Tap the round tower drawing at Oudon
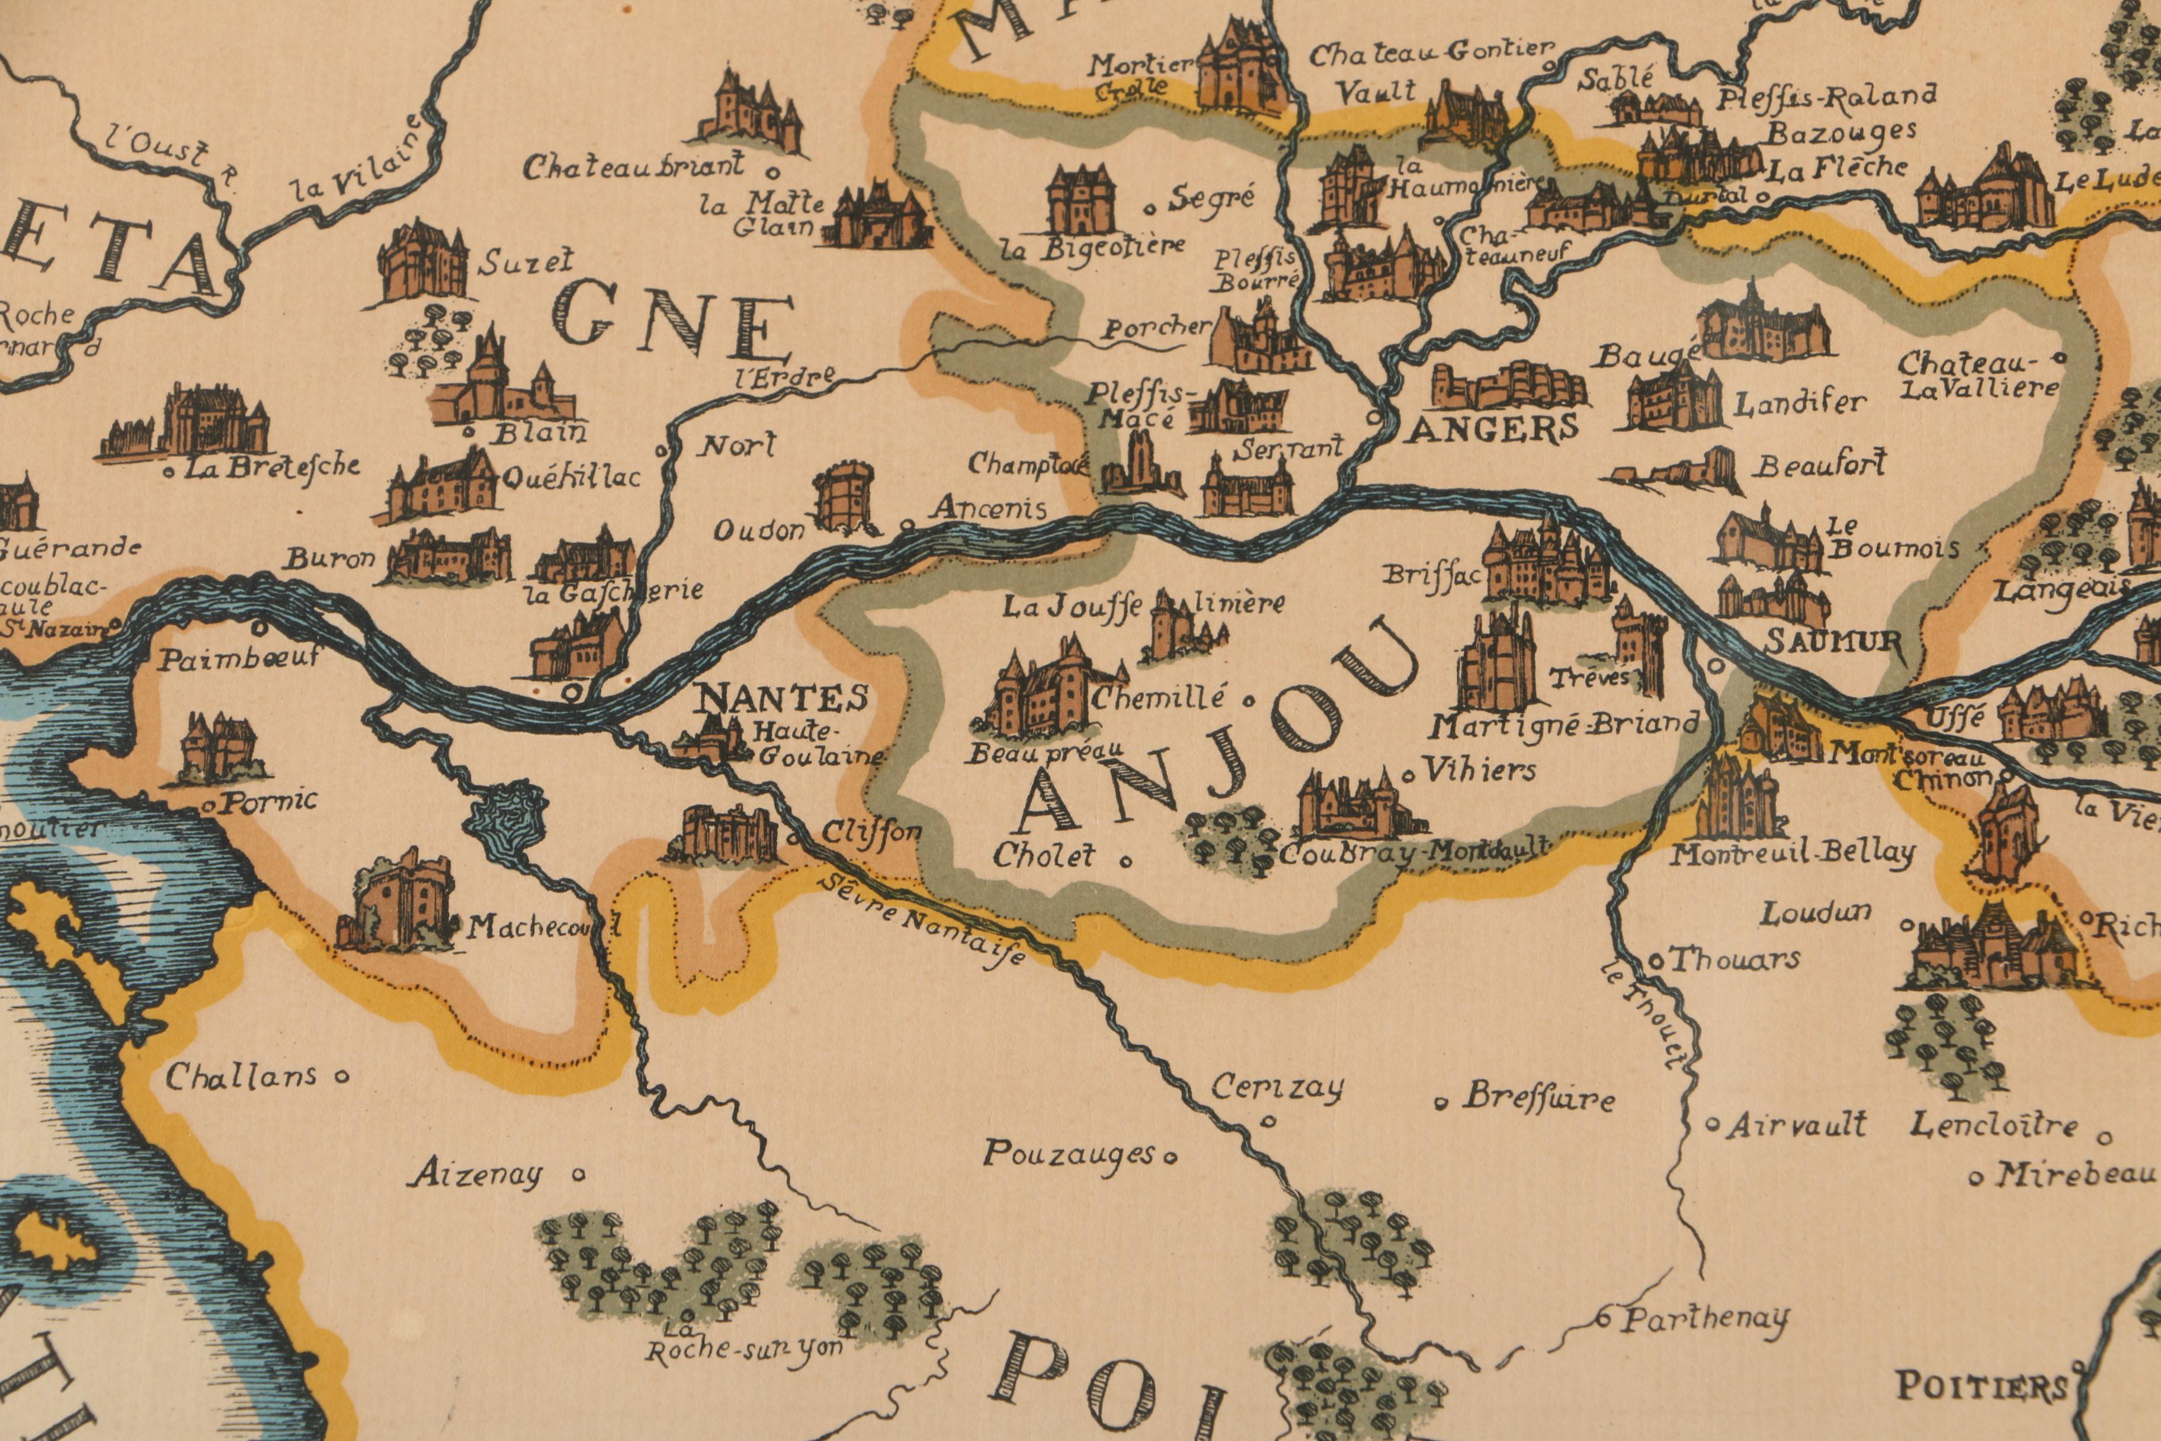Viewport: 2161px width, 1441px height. tap(845, 498)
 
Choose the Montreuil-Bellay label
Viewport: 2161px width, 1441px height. tap(1791, 854)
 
